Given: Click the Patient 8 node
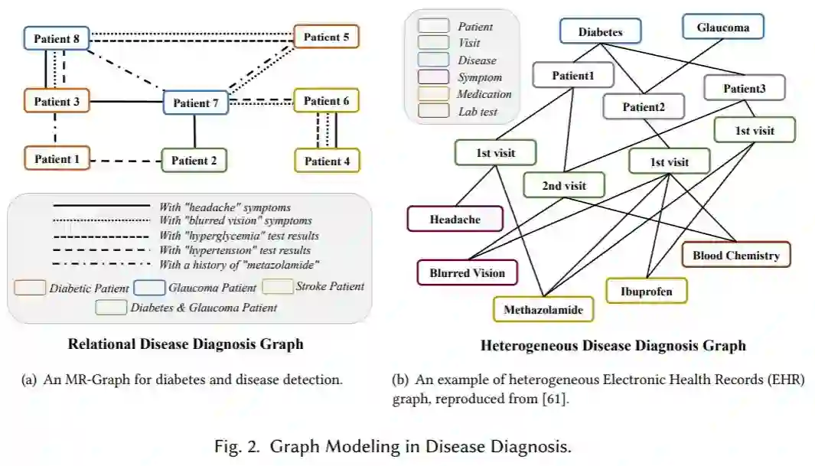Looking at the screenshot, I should (x=57, y=37).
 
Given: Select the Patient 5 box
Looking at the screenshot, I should (x=326, y=37).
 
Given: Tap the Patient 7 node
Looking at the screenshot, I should (x=196, y=103).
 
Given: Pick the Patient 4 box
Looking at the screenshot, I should (x=327, y=161).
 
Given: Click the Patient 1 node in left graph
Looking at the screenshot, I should (x=57, y=158).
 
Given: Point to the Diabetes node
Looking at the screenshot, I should (x=600, y=32).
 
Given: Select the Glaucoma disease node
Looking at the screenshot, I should (x=722, y=28).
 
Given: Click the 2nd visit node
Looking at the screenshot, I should (x=564, y=185).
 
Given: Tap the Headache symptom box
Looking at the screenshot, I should (x=455, y=220).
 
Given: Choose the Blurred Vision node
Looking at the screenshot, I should (x=467, y=272).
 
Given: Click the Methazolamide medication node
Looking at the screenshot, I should (x=543, y=309).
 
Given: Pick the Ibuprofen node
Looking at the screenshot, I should (x=647, y=291).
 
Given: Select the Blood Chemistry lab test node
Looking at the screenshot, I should (x=735, y=255).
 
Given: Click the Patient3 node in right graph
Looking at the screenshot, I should (x=744, y=88).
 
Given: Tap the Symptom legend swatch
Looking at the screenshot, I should (x=432, y=77).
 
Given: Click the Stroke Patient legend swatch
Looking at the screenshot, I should (x=277, y=287).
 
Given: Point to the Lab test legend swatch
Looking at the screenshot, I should (x=432, y=112).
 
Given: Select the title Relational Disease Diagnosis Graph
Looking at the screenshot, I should (x=185, y=344).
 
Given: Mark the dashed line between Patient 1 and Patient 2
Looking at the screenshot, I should (x=126, y=161).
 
